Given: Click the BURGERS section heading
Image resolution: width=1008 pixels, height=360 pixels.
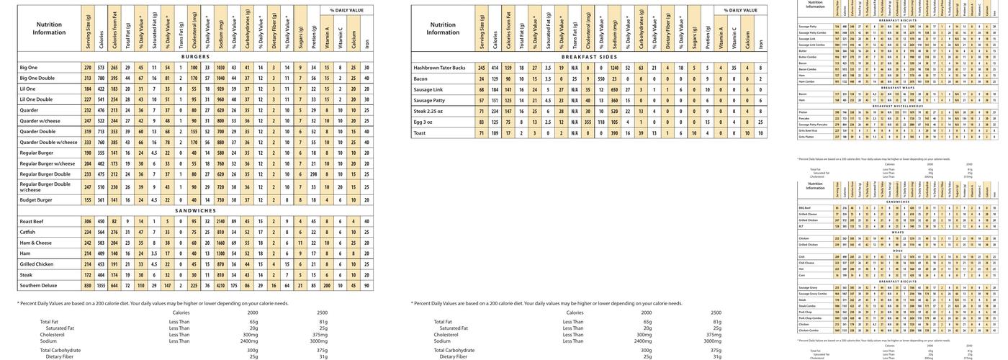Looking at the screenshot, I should coord(195,56).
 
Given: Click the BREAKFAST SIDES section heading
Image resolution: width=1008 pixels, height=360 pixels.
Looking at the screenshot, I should coord(589,56).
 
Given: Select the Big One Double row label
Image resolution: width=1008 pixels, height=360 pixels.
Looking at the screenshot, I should coord(37,78).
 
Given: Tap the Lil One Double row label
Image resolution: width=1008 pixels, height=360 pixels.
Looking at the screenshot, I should coord(35,99).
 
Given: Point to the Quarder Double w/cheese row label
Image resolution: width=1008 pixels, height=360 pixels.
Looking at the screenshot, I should coord(48,143).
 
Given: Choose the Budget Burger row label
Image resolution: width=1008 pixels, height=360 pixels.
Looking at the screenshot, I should coord(36,200).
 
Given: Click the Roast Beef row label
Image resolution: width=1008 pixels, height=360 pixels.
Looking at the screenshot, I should coord(32,221).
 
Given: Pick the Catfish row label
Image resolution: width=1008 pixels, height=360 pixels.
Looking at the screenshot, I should coord(28,232).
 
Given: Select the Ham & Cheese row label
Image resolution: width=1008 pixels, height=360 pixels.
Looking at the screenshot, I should coord(36,243).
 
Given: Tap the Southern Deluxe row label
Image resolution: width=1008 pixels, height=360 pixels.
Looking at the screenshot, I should coord(38,286).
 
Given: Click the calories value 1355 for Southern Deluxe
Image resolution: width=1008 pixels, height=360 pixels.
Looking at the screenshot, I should coord(102,286).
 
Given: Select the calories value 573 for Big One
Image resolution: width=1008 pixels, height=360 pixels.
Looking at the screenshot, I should coord(102,68).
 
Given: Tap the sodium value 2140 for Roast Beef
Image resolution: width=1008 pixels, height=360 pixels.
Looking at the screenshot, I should coord(220,221).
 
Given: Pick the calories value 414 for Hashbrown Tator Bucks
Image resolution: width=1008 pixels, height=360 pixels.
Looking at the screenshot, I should coord(495,68).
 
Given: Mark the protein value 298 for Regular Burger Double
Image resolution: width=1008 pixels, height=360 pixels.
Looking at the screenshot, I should coord(314,174).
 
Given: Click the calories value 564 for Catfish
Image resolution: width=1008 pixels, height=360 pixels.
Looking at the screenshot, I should coord(102,232).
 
